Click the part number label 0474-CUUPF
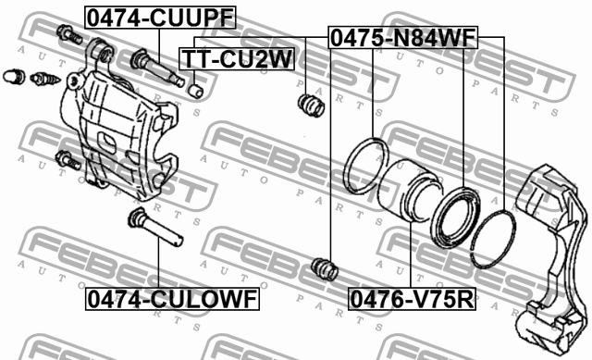160,17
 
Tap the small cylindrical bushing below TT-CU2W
197,91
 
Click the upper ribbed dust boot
311,105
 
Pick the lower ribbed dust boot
324,269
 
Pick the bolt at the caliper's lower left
66,159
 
